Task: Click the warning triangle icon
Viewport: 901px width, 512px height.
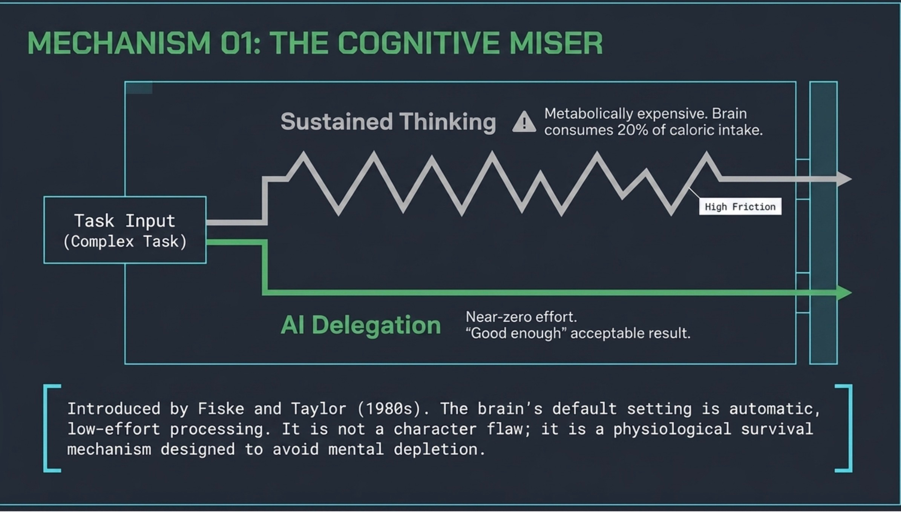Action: point(524,122)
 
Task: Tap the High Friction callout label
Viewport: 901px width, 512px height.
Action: point(740,207)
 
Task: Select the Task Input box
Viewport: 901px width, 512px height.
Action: point(125,230)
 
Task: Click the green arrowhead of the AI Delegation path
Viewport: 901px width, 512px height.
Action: point(844,292)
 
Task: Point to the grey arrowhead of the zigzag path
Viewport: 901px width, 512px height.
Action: point(844,178)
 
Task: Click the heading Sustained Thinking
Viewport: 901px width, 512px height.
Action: point(388,122)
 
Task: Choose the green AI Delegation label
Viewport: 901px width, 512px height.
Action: point(361,325)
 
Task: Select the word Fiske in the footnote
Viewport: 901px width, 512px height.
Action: point(221,409)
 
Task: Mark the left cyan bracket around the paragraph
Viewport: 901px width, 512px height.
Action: point(46,428)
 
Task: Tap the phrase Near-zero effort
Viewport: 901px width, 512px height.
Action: point(521,317)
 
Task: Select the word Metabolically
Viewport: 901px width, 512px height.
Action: point(588,114)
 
